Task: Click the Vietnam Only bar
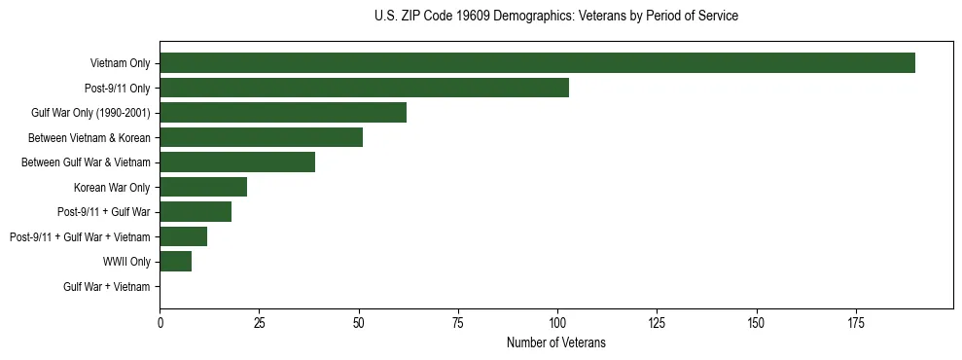(x=537, y=63)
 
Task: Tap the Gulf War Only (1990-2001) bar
(x=283, y=113)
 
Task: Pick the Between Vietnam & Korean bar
(x=261, y=137)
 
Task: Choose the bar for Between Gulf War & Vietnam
(x=237, y=162)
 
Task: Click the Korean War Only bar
(x=203, y=187)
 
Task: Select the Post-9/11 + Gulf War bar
(x=196, y=212)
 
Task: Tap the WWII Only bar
(x=176, y=262)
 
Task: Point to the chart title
(x=555, y=17)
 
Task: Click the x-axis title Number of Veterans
(x=555, y=342)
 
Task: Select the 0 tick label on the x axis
(x=160, y=322)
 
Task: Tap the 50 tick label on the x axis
(x=359, y=322)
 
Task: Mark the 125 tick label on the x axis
(x=657, y=322)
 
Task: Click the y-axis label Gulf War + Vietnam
(x=107, y=287)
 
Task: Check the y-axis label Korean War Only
(x=112, y=187)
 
